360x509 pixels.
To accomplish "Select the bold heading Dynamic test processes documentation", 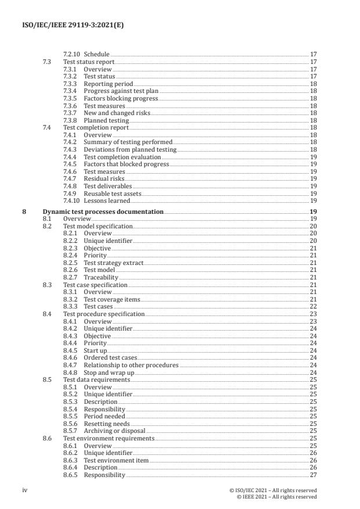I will pyautogui.click(x=103, y=212).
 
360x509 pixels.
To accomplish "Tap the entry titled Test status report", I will pyautogui.click(x=89, y=62).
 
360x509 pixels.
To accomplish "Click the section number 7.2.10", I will pyautogui.click(x=72, y=55).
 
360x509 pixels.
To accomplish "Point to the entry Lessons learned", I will pyautogui.click(x=107, y=200).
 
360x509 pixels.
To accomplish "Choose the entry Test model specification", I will pyautogui.click(x=98, y=226).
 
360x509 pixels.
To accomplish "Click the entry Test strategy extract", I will pyautogui.click(x=113, y=263).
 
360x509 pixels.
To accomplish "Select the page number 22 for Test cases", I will pyautogui.click(x=312, y=306).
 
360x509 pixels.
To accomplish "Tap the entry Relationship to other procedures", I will pyautogui.click(x=131, y=365).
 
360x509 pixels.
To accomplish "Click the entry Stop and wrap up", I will pyautogui.click(x=109, y=372).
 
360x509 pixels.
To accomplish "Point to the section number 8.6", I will pyautogui.click(x=48, y=438).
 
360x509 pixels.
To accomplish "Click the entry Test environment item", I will pyautogui.click(x=116, y=460).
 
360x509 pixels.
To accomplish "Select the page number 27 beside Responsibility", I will pyautogui.click(x=312, y=475).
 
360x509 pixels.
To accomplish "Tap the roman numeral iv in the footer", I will pyautogui.click(x=25, y=490).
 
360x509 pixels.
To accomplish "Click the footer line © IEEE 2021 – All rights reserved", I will pyautogui.click(x=277, y=497).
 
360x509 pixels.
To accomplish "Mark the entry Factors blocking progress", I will pyautogui.click(x=121, y=98).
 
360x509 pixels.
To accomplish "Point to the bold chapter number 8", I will pyautogui.click(x=24, y=212).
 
